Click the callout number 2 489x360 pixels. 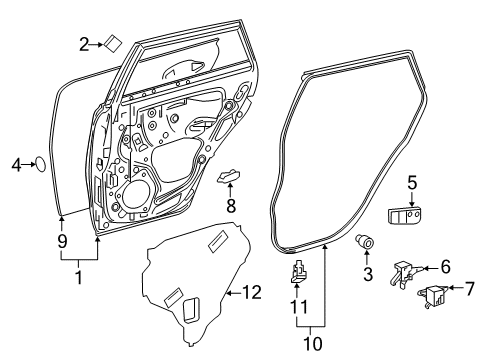pos(85,43)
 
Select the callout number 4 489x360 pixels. pos(15,165)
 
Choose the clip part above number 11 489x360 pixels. pos(298,273)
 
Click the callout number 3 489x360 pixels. pos(367,273)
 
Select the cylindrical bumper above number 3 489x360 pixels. pos(366,241)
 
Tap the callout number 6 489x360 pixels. pos(445,268)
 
